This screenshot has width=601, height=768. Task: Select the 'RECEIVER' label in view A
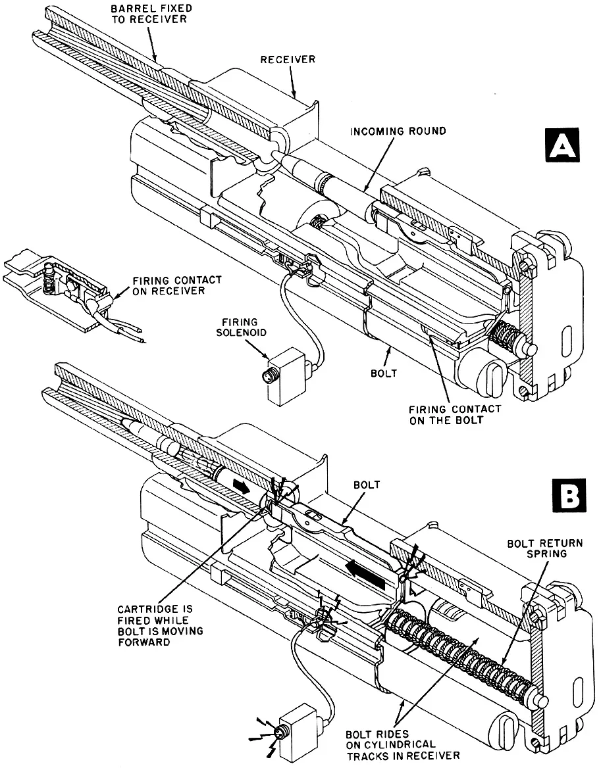click(288, 59)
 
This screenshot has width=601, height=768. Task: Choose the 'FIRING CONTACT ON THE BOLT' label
click(455, 414)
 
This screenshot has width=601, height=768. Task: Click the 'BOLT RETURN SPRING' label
click(536, 549)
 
